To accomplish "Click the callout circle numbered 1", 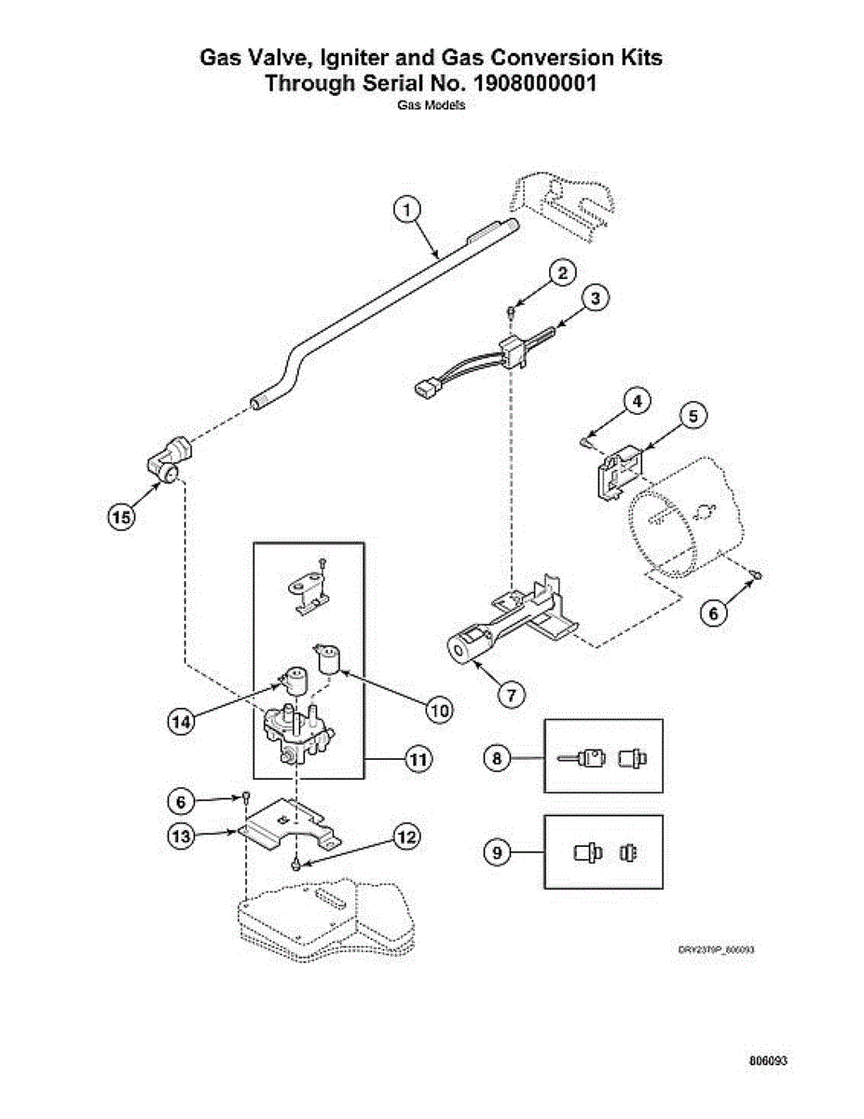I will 406,212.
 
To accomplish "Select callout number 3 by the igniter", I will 596,297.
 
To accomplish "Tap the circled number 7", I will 511,694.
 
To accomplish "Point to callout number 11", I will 418,760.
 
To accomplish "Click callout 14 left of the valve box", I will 184,720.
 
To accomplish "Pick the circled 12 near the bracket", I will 405,836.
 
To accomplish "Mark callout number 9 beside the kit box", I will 498,852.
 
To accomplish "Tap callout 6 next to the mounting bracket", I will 180,800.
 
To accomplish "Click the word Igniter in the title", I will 352,58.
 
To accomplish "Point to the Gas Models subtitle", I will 432,105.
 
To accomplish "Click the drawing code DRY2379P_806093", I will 716,949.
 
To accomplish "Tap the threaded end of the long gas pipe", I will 258,404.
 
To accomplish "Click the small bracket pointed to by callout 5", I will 616,470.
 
